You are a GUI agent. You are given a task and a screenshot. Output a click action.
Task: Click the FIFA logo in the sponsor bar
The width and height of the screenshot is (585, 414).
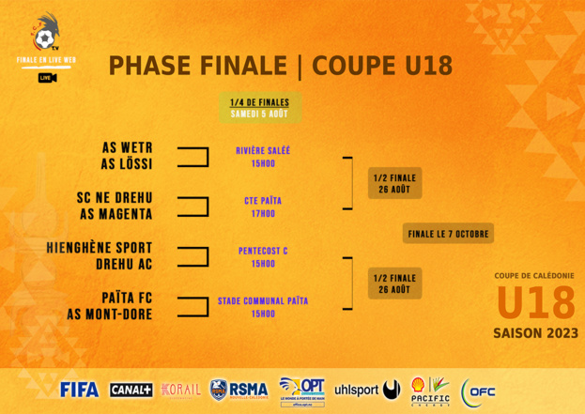(x=79, y=390)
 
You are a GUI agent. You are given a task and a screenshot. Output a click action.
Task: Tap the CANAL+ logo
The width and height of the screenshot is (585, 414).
(x=131, y=390)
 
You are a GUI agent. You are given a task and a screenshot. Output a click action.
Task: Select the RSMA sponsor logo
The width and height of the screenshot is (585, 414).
(x=239, y=390)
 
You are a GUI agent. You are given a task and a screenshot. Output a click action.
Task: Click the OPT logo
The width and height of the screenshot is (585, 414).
(x=302, y=389)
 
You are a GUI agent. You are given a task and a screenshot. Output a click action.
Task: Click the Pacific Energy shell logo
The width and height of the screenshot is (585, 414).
(x=430, y=390)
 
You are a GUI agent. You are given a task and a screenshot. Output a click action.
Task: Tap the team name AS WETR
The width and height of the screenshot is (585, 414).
(x=127, y=148)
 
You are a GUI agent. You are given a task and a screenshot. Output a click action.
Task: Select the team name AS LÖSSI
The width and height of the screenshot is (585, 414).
(x=127, y=164)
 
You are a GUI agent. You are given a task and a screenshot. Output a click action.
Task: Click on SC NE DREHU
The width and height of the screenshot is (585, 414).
(x=114, y=198)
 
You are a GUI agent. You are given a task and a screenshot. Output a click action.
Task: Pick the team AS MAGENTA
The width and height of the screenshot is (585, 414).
(x=115, y=214)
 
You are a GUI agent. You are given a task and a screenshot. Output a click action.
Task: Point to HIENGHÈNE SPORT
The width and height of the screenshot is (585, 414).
(x=99, y=248)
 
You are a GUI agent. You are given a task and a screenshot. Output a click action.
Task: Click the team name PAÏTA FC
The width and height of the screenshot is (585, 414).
(x=127, y=298)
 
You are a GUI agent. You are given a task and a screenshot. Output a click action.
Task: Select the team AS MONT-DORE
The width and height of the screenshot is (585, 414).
(x=109, y=314)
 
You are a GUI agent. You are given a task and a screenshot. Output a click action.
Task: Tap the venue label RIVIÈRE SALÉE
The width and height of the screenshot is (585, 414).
(x=263, y=150)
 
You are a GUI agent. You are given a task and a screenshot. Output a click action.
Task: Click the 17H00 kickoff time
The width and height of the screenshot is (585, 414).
(x=263, y=214)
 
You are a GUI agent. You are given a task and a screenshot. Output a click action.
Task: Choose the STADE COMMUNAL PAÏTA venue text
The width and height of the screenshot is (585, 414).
(x=263, y=301)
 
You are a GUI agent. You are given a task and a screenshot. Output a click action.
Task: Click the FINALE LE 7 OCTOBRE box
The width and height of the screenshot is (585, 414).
(x=448, y=233)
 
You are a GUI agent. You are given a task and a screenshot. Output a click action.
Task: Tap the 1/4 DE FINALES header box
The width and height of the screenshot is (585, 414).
(x=260, y=108)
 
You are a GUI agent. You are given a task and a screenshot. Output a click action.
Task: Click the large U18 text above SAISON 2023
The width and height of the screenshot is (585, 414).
(x=535, y=303)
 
